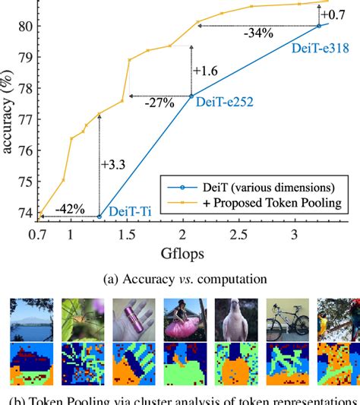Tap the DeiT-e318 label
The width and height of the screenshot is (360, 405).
319,47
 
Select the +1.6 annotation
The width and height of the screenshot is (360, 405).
205,71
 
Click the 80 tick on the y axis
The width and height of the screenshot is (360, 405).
26,26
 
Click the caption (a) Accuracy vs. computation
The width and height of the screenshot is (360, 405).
180,279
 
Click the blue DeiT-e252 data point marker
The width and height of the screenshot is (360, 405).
191,96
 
